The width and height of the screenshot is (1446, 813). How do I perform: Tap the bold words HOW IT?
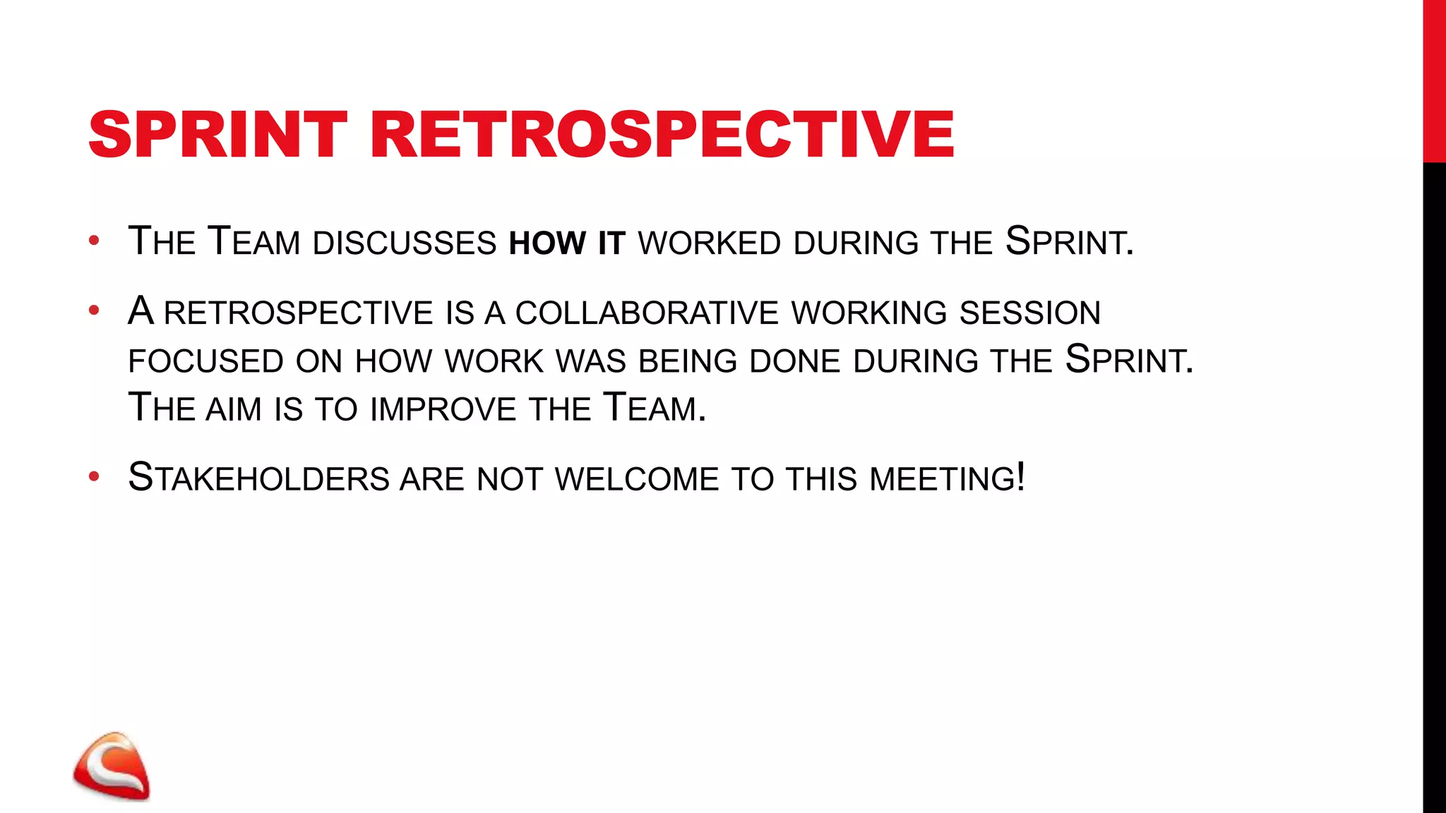tap(566, 243)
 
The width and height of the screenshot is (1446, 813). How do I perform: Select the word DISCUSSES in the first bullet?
tap(405, 243)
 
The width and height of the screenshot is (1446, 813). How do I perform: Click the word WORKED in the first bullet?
tap(709, 243)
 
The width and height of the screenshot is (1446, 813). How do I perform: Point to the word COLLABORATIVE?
tap(647, 313)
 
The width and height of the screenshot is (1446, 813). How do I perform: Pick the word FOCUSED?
tap(205, 361)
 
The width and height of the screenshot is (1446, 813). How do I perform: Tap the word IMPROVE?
tap(443, 409)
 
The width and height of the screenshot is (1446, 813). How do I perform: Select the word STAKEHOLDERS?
tap(258, 478)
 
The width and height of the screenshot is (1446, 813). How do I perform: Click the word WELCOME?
tap(636, 478)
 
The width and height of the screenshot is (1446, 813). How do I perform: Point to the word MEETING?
tap(947, 478)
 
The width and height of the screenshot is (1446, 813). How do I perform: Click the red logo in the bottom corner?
tap(112, 767)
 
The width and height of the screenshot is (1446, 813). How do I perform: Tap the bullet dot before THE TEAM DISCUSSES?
tap(94, 241)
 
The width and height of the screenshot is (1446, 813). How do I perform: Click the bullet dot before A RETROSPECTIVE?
tap(94, 311)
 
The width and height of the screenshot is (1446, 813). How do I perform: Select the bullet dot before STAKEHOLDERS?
tap(94, 477)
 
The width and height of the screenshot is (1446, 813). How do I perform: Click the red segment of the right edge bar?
tap(1434, 81)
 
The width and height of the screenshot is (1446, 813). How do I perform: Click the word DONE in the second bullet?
tap(794, 361)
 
